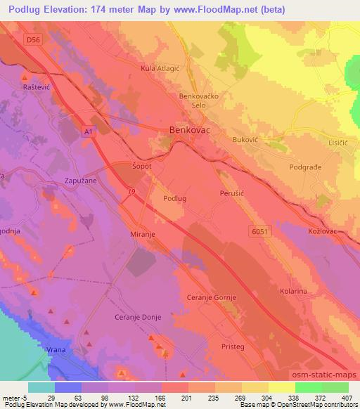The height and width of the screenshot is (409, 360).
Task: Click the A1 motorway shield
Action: (89, 131)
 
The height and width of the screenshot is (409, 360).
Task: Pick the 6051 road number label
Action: (259, 230)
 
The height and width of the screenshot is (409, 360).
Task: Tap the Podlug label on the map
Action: (174, 199)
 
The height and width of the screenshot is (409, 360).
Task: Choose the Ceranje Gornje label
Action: (210, 298)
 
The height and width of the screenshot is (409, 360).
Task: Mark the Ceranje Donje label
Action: (138, 318)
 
